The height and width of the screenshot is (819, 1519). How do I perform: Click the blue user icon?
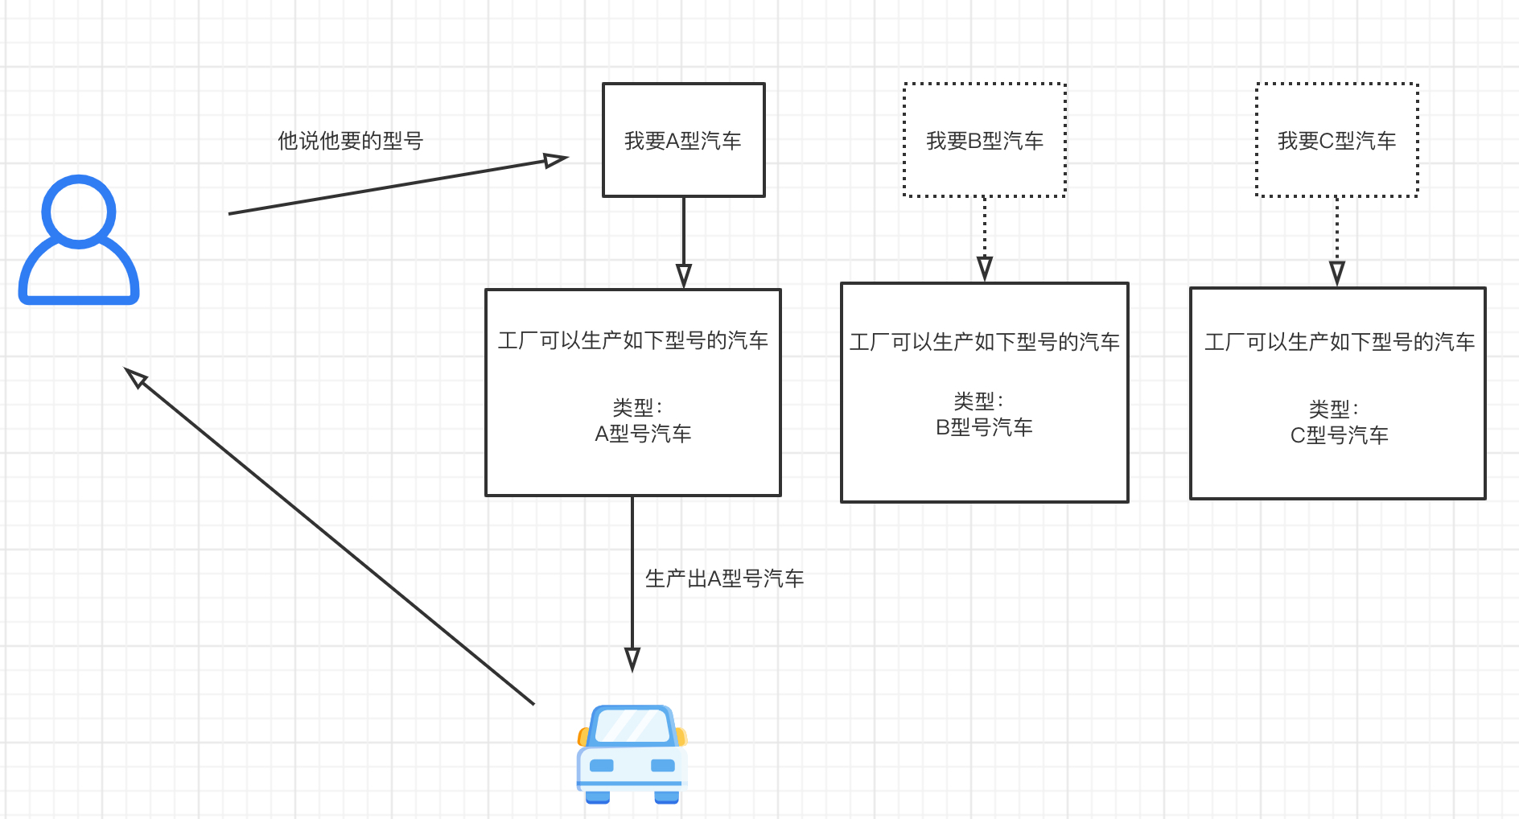coord(79,241)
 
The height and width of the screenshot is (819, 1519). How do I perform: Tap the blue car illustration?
coord(632,755)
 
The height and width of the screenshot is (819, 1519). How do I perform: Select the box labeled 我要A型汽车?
coord(683,140)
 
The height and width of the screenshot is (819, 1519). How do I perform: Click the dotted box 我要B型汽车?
coord(984,140)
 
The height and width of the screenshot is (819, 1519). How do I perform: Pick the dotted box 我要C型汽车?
coord(1336,140)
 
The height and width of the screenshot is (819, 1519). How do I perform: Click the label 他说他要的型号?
coord(350,141)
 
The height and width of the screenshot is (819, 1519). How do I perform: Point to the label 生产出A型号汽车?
coord(724,578)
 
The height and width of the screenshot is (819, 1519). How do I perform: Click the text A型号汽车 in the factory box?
coord(643,434)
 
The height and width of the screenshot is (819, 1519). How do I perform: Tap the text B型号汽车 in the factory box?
coord(984,428)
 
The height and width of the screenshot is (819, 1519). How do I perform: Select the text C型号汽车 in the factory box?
coord(1339,436)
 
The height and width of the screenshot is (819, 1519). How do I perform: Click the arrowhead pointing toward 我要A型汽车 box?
coord(555,160)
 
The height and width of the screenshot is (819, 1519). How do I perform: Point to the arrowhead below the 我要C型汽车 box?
coord(1336,274)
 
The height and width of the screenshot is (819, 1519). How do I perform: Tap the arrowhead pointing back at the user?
coord(136,377)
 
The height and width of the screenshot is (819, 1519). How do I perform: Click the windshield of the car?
coord(632,726)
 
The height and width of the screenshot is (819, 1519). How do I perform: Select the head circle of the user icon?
coord(79,211)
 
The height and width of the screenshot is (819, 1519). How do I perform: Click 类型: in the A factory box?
coord(636,407)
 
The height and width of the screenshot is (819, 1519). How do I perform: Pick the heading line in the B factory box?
coord(984,343)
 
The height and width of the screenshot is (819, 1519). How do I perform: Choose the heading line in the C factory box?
coord(1339,343)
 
